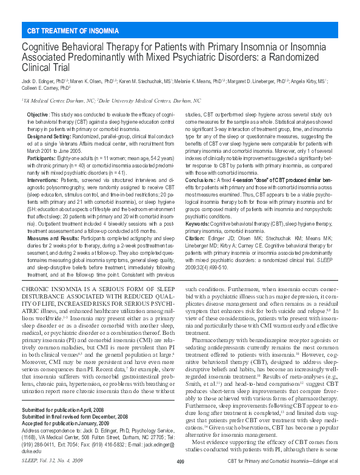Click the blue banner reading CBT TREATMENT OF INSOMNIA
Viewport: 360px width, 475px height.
[x=73, y=30]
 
